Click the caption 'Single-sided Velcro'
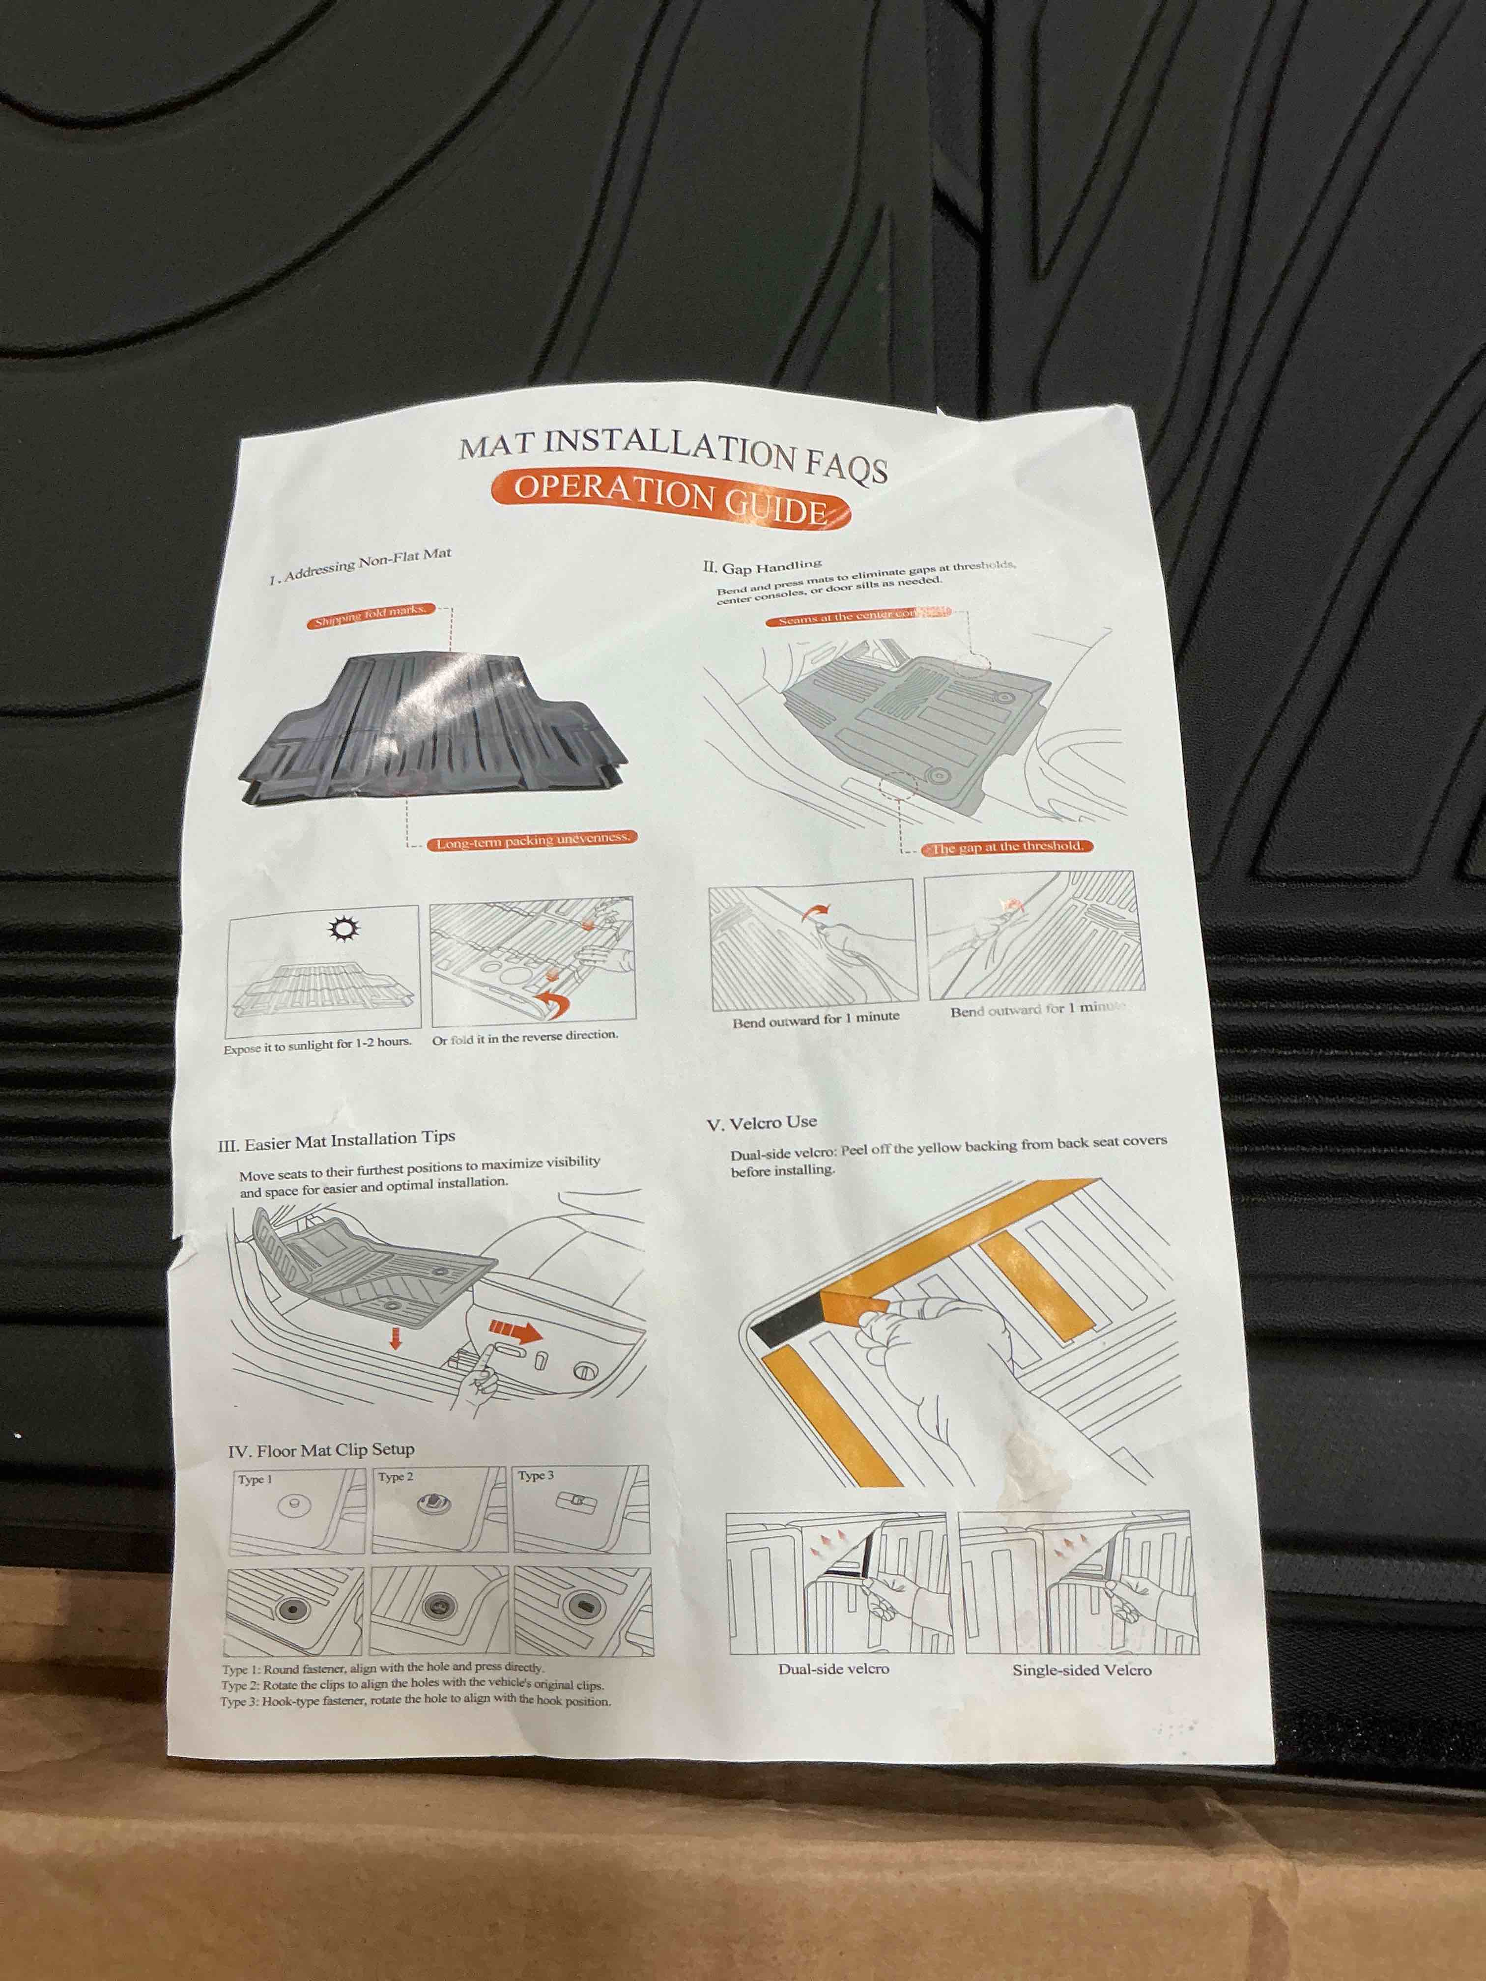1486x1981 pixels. click(1081, 1670)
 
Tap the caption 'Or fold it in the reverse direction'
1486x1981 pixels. click(525, 1037)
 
